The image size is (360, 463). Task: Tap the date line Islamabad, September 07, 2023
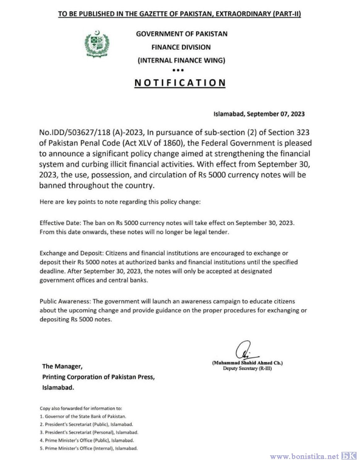(259, 114)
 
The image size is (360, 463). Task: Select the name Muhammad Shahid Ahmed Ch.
(247, 363)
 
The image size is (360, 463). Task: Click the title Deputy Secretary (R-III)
(247, 368)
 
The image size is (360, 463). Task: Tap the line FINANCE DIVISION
(181, 47)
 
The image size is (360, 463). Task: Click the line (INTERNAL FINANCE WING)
(181, 61)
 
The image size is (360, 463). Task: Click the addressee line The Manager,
(62, 367)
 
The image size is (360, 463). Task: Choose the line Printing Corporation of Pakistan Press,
(98, 377)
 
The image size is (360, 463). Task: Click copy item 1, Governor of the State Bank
(83, 416)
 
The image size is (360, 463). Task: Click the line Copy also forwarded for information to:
(81, 408)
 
